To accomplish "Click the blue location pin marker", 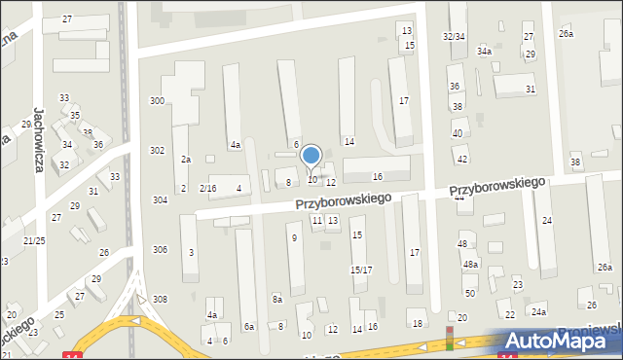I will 311,156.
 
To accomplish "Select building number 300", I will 157,101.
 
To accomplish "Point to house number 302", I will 157,151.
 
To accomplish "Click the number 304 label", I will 160,199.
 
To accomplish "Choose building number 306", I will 160,250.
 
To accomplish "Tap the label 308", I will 160,299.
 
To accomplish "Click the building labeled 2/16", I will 207,188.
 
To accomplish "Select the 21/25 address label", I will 34,240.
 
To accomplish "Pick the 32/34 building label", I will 454,36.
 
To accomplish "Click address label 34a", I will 484,51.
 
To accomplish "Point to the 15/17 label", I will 360,270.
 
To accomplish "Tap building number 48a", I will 471,264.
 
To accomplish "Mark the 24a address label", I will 538,311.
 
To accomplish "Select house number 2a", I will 185,159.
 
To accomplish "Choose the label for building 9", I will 293,237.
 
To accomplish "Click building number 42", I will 462,159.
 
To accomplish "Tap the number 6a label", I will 249,327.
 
